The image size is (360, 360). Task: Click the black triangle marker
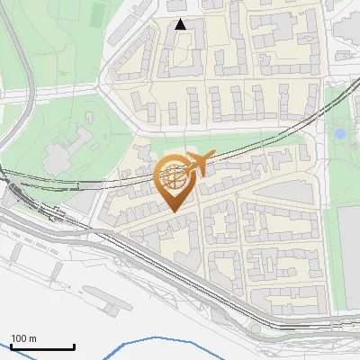(181, 24)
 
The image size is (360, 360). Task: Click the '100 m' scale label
(23, 338)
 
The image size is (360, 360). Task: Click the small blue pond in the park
(339, 134)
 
